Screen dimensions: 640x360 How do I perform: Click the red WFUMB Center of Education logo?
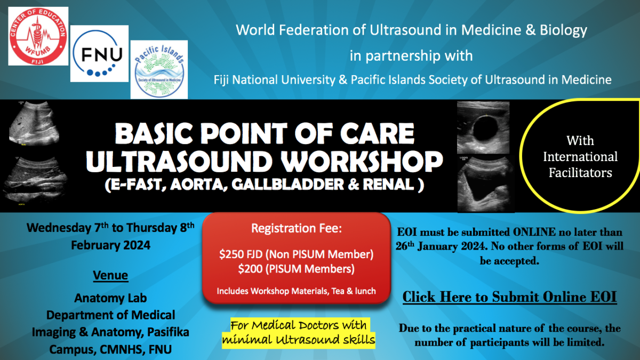click(x=38, y=36)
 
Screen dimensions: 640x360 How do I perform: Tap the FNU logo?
click(x=99, y=54)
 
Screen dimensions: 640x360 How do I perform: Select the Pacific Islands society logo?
click(x=159, y=70)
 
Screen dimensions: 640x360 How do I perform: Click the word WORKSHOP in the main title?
click(x=362, y=162)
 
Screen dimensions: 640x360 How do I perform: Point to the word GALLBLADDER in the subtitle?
click(x=287, y=185)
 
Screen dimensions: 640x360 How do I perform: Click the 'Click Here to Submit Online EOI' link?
click(x=509, y=297)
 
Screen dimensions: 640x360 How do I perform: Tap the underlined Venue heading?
click(x=110, y=275)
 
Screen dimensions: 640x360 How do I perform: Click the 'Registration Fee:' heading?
click(x=297, y=228)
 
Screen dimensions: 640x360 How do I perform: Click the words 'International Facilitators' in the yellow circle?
click(x=580, y=165)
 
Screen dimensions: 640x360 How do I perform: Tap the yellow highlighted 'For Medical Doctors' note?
click(x=299, y=333)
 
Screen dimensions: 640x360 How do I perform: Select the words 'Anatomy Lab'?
click(x=110, y=298)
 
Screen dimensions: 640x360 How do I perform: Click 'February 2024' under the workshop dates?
click(x=110, y=245)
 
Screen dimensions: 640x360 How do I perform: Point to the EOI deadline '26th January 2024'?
click(x=441, y=246)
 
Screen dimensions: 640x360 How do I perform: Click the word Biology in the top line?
click(x=563, y=30)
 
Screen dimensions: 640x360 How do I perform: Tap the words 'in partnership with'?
click(x=411, y=55)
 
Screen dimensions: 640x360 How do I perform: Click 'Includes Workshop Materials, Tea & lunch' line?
click(x=297, y=291)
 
